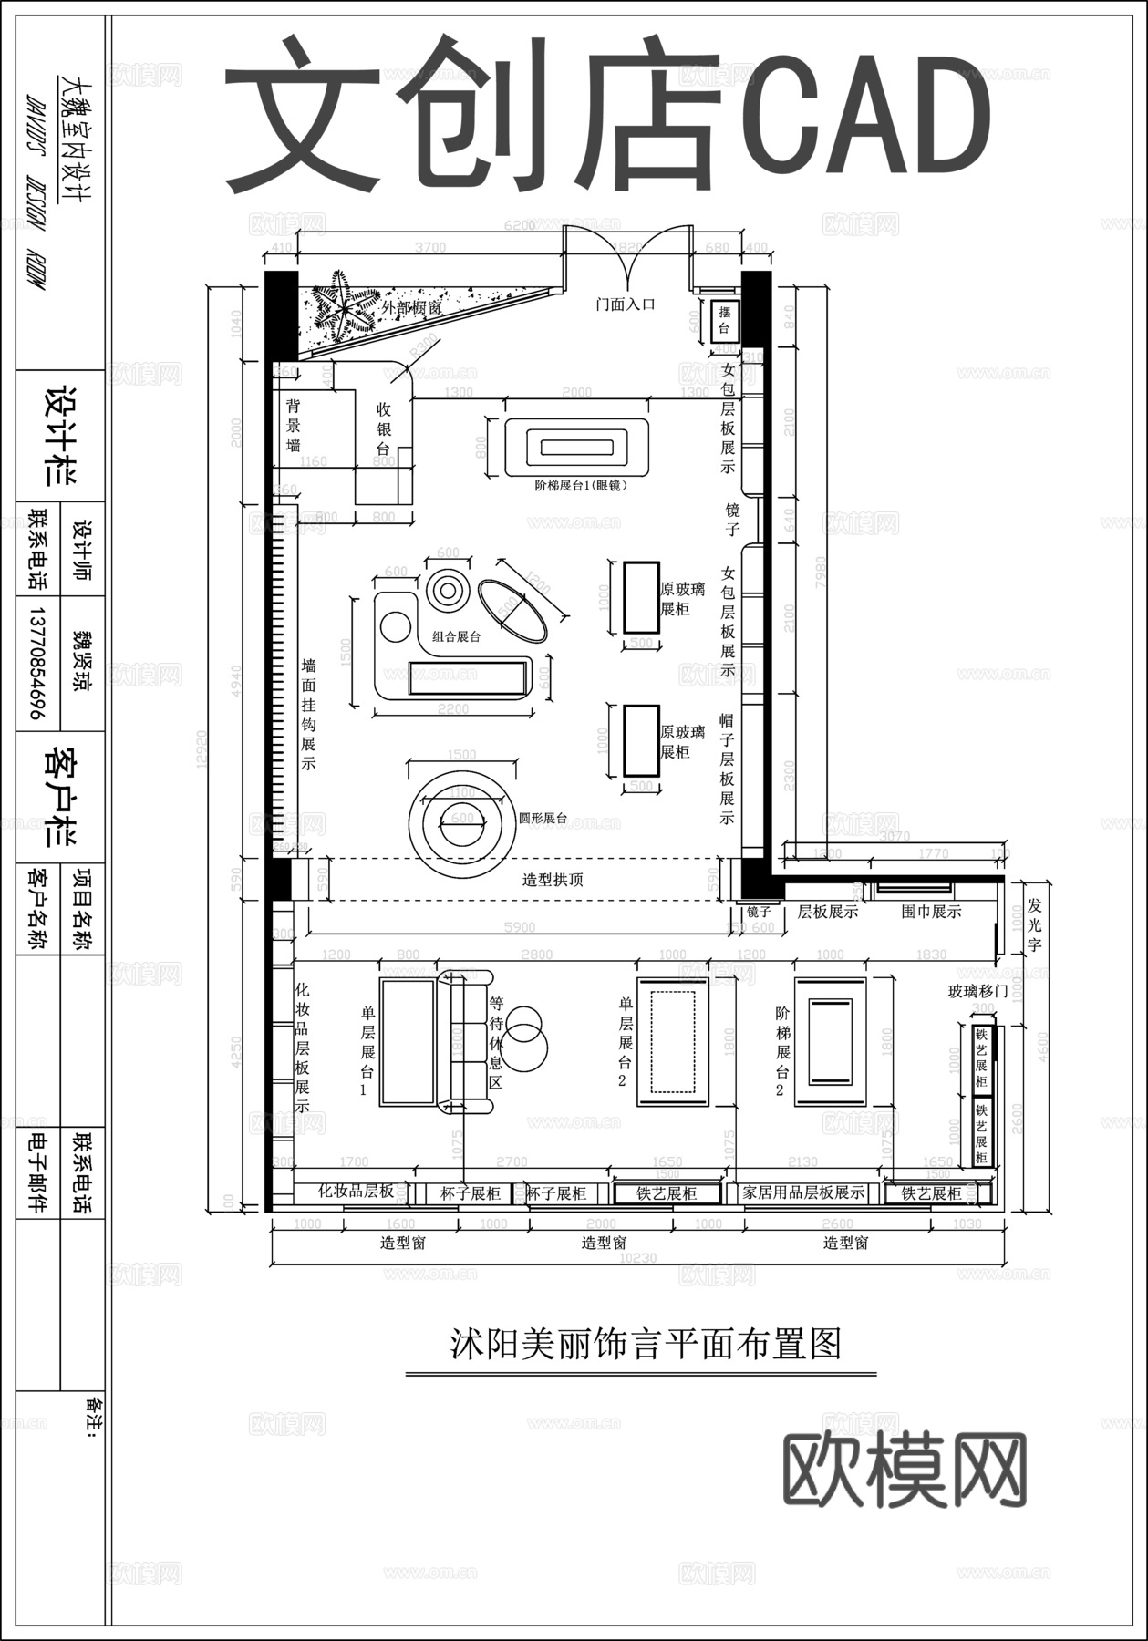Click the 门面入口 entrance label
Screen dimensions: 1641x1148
coord(626,304)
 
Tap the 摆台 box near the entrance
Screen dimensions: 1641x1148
coord(725,323)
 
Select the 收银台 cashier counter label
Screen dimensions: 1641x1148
coord(384,429)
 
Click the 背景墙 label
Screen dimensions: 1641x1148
coord(294,425)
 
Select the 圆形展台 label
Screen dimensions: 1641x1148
coord(543,818)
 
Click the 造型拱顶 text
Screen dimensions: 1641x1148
coord(553,880)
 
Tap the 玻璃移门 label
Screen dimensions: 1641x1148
coord(977,990)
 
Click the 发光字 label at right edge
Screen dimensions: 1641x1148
coord(1034,925)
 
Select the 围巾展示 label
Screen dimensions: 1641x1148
coord(931,911)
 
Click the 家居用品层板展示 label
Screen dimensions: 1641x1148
coord(803,1192)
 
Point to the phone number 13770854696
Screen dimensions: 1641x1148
coord(37,663)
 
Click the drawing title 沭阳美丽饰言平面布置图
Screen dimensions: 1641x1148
coord(645,1343)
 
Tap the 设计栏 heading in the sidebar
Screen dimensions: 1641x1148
coord(61,436)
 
